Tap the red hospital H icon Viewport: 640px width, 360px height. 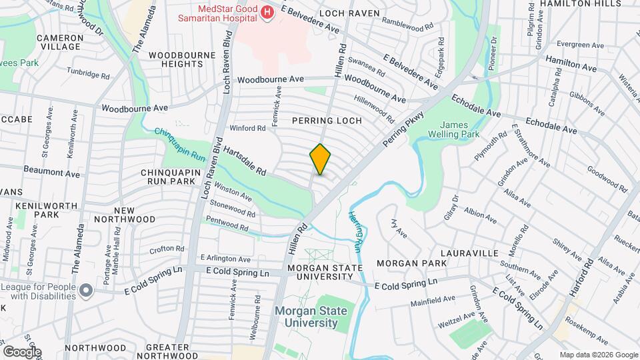[x=267, y=13]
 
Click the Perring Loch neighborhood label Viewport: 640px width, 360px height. [x=327, y=121]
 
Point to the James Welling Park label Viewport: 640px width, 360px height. [x=460, y=129]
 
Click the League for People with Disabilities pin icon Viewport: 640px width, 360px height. [x=86, y=290]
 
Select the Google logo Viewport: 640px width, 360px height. [x=22, y=352]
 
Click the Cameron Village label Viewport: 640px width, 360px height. [x=59, y=43]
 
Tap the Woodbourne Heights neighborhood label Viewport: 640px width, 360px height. [x=175, y=59]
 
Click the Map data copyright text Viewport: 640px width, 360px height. [x=598, y=355]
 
